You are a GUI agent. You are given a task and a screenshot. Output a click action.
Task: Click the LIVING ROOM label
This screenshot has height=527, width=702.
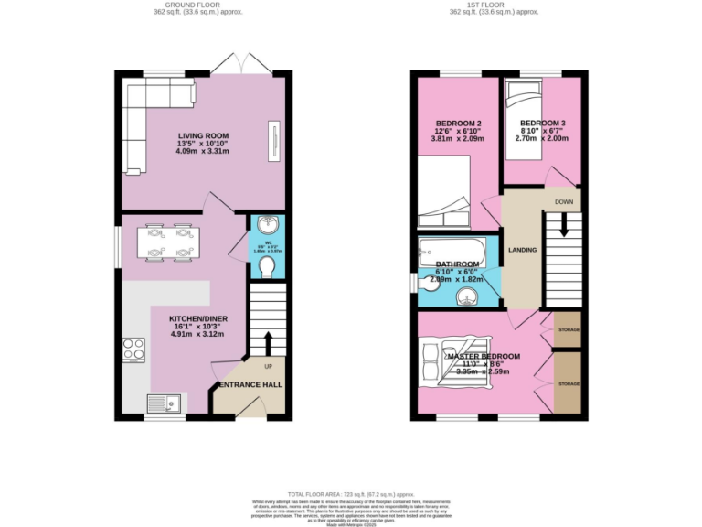(x=203, y=136)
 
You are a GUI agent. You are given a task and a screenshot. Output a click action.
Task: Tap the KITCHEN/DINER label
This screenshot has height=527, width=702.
(x=198, y=319)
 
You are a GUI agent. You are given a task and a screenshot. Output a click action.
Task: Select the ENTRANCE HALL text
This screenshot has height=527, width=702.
(x=249, y=385)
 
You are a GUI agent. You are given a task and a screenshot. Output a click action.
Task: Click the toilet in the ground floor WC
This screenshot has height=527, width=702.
(x=267, y=265)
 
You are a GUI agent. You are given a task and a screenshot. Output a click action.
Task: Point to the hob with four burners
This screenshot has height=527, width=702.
(x=134, y=350)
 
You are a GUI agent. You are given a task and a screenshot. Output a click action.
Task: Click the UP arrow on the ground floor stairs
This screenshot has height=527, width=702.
(x=268, y=342)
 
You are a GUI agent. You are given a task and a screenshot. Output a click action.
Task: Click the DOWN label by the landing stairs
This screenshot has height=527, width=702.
(x=564, y=202)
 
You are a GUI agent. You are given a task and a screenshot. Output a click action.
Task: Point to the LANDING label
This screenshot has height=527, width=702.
(x=522, y=250)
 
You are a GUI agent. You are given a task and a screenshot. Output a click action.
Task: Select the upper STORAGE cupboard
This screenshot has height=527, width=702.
(x=567, y=329)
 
